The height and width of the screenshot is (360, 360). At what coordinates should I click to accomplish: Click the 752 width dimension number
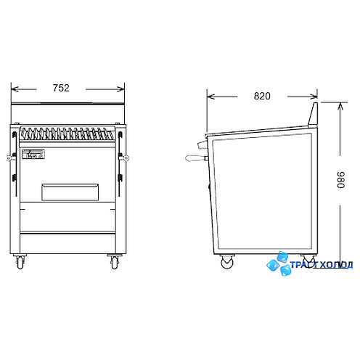tap(61, 88)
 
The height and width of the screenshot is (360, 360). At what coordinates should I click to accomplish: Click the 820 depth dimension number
tap(262, 96)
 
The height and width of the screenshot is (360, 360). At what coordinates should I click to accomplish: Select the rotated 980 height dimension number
tap(340, 180)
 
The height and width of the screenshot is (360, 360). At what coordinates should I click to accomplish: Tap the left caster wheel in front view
tap(20, 261)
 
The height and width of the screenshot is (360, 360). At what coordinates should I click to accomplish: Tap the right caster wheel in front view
tap(114, 261)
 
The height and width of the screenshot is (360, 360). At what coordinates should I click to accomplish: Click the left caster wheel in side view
tap(227, 261)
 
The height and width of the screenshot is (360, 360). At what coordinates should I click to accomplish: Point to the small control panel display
tap(33, 155)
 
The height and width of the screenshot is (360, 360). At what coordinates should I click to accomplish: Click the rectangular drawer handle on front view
tap(70, 192)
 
